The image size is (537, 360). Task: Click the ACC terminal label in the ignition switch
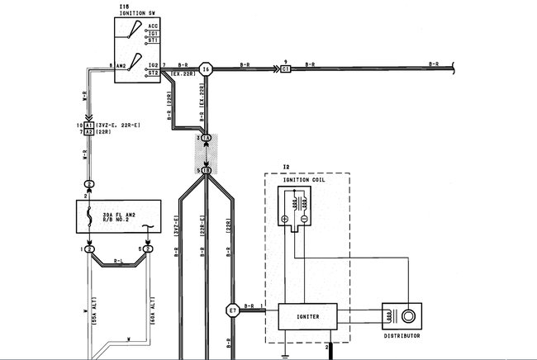pos(154,27)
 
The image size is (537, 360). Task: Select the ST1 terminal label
pos(154,40)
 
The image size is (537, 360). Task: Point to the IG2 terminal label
pos(153,64)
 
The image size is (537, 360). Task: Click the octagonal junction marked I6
pos(207,69)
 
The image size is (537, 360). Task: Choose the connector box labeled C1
pos(286,69)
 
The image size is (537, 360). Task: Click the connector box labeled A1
pos(89,124)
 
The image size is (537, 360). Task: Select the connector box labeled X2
pos(89,131)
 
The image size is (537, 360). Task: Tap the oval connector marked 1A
pos(207,137)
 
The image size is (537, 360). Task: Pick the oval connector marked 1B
pos(207,170)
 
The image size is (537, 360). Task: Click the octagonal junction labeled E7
pos(233,311)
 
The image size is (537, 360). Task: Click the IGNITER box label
pos(310,315)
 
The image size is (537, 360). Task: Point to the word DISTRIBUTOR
pos(402,336)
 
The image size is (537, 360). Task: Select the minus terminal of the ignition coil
pos(305,220)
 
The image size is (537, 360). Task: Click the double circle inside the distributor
pos(408,316)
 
